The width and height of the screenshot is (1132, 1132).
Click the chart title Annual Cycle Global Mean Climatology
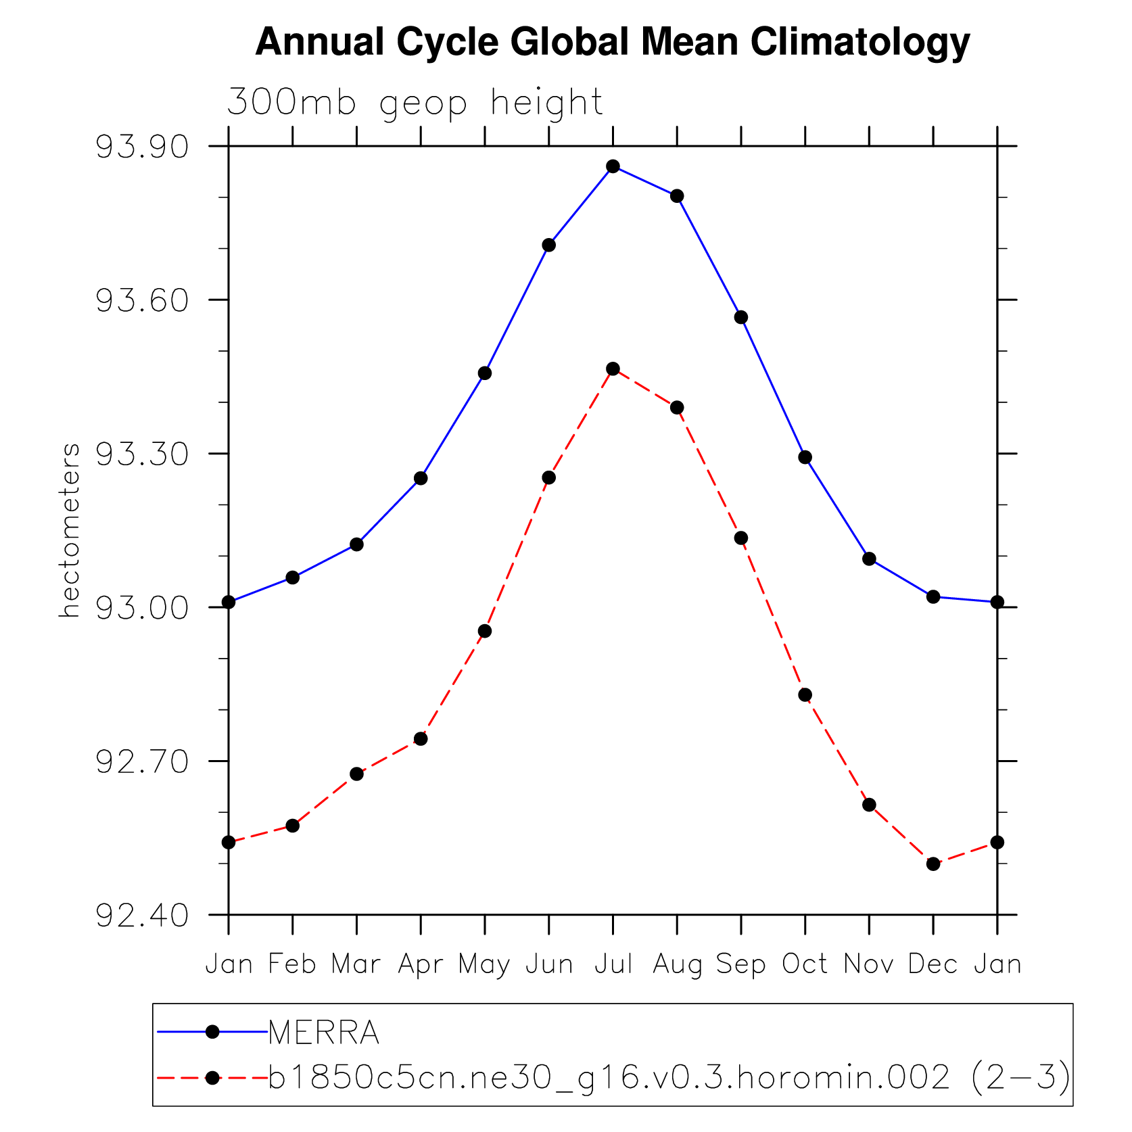[612, 42]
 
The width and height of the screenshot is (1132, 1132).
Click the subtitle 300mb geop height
[415, 103]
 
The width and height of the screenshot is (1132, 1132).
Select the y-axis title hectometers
[70, 530]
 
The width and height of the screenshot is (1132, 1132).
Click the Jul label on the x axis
[613, 964]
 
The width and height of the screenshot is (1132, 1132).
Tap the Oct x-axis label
[805, 964]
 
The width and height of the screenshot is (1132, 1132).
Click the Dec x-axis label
[933, 964]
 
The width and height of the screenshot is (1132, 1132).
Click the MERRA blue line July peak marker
[613, 166]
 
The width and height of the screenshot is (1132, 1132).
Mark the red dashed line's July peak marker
[613, 369]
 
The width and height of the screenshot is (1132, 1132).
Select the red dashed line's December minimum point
[933, 864]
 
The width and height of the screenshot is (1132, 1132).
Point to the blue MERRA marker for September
[741, 317]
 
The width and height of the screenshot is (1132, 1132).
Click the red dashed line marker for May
[485, 631]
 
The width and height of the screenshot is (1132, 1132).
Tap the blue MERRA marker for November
[869, 559]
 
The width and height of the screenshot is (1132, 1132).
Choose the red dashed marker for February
[292, 826]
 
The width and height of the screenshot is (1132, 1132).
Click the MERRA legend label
[323, 1033]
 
